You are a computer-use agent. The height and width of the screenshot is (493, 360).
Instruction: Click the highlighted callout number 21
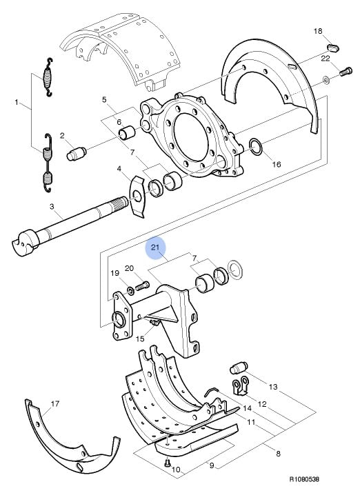pos(155,247)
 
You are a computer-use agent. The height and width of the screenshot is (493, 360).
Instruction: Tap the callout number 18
pos(318,31)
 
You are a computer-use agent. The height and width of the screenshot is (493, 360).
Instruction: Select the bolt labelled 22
pos(346,72)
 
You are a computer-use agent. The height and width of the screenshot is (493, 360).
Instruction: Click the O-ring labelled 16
pos(256,147)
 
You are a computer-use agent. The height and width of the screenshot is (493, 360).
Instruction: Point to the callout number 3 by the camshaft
pos(52,207)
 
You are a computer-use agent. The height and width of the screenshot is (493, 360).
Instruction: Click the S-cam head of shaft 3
pos(25,242)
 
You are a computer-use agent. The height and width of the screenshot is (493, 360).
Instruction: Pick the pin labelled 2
pos(77,154)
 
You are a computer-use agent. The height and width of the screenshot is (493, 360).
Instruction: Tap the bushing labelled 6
pos(127,132)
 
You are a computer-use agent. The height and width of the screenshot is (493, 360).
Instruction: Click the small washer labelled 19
pos(130,290)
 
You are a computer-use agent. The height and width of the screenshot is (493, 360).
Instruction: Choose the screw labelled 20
pos(143,286)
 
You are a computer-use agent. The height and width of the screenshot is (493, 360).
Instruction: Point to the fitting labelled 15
pos(154,323)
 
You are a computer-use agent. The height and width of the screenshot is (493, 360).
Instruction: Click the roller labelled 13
pos(239,368)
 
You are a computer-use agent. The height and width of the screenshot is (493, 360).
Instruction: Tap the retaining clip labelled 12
pos(240,386)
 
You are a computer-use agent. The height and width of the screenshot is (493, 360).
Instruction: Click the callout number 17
pos(55,403)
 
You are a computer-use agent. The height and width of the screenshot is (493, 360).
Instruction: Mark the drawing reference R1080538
pos(304,479)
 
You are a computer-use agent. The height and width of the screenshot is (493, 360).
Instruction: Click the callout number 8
pos(278,454)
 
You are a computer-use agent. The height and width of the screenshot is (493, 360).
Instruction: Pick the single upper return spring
pos(48,77)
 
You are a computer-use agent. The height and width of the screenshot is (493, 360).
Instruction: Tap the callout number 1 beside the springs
pos(17,102)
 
